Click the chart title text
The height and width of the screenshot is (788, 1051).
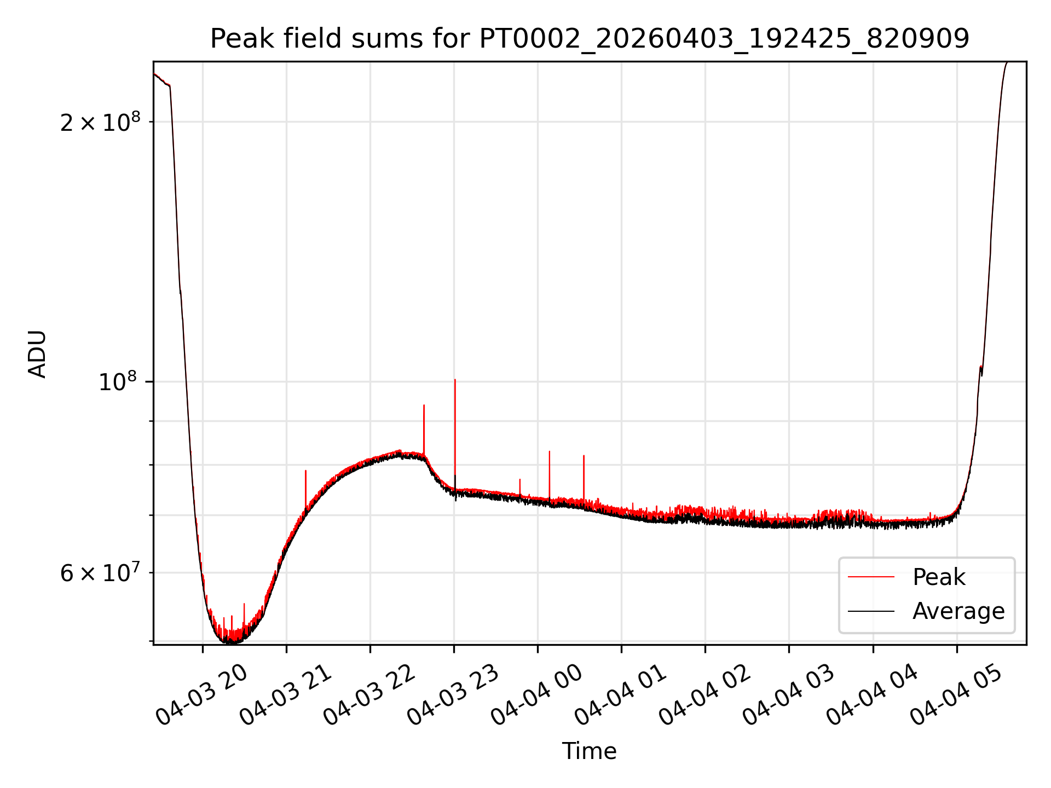click(590, 39)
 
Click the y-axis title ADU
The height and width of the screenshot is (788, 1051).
click(37, 354)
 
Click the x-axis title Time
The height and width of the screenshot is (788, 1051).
click(589, 751)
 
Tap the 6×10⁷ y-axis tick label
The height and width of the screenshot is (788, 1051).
click(100, 573)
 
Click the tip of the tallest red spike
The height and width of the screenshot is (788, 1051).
click(455, 379)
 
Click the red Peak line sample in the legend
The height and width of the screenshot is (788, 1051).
click(871, 577)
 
